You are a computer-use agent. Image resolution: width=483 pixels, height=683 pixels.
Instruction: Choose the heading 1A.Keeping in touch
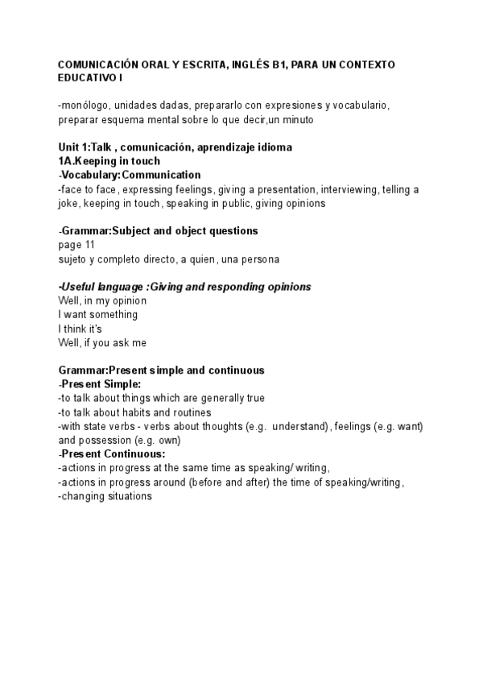[109, 161]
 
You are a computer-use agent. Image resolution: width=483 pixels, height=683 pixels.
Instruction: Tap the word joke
[68, 203]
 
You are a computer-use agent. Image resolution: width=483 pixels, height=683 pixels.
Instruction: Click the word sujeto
[74, 259]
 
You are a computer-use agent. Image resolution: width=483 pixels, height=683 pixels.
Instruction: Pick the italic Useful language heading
[185, 287]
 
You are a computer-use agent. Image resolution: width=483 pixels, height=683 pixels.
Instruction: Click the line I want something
[98, 314]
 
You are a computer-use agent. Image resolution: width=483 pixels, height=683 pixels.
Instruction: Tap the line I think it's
[80, 328]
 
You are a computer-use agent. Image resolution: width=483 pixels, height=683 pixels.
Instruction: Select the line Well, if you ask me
[102, 342]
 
